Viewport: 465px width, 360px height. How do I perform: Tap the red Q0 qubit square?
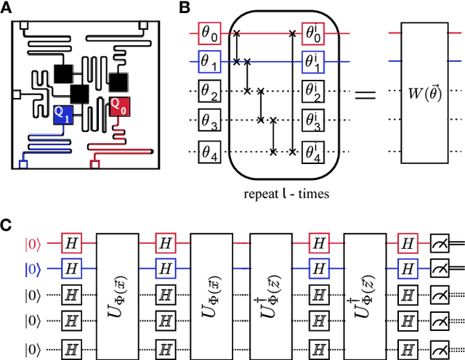coord(119,106)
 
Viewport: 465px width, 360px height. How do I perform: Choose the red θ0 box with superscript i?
coord(314,33)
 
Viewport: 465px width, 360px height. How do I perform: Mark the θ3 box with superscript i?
coord(314,122)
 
